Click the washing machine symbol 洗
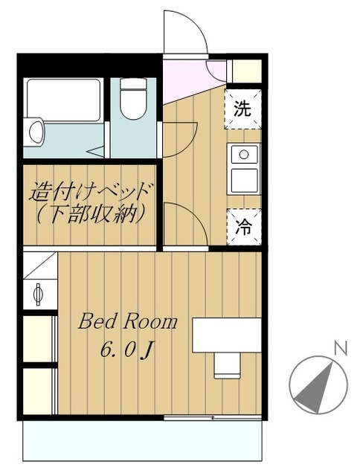click(243, 109)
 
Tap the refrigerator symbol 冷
click(243, 227)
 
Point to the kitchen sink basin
click(243, 155)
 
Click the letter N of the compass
click(341, 348)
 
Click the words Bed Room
click(128, 322)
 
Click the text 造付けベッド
click(91, 192)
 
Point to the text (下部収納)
click(91, 216)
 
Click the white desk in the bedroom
click(227, 335)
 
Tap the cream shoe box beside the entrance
click(246, 71)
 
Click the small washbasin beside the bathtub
click(36, 132)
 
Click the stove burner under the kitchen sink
click(243, 180)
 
